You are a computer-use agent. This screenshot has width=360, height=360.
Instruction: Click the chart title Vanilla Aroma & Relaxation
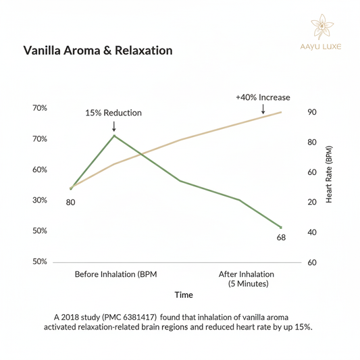tap(98, 51)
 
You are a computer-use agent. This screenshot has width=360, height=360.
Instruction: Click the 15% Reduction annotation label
tap(113, 113)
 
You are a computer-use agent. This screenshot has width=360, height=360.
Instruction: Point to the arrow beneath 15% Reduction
tap(113, 126)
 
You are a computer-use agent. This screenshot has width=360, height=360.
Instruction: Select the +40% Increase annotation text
tap(263, 97)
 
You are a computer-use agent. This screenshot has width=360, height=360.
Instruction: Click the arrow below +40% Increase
tap(263, 109)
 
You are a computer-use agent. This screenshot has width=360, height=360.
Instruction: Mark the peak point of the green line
tap(113, 136)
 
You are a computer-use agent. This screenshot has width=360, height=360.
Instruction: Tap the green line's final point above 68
tap(281, 228)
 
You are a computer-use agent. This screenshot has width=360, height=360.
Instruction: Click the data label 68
tap(282, 238)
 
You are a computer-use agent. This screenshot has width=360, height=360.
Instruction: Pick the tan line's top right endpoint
tap(281, 112)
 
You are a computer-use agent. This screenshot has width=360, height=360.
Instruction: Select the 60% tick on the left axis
tap(40, 170)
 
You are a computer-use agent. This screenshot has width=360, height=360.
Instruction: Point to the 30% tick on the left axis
tap(40, 201)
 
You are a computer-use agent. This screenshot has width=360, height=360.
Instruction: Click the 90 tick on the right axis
tap(312, 113)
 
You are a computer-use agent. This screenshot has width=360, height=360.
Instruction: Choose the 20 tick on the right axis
tap(312, 202)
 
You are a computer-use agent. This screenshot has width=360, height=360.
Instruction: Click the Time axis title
tap(184, 295)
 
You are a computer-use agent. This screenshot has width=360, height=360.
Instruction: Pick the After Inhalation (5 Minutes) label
tap(247, 279)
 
